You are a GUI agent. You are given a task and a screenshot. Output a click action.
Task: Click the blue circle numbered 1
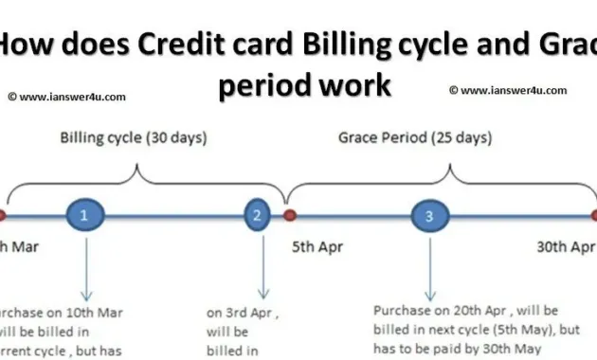coord(84,216)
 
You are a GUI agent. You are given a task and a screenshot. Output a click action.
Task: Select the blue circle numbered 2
coord(257,216)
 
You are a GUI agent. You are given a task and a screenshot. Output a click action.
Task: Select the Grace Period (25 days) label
coord(415,138)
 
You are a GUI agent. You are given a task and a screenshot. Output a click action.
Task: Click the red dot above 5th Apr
coord(290,216)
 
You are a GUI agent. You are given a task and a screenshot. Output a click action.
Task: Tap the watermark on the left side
coord(66,96)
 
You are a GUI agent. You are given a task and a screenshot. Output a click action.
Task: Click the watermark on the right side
coord(508,91)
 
